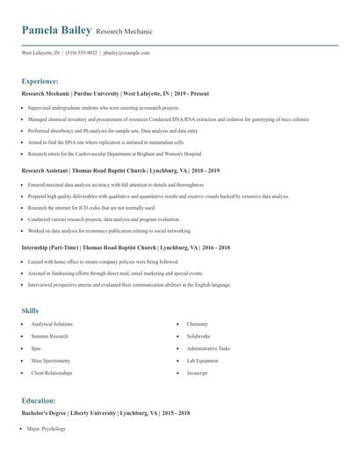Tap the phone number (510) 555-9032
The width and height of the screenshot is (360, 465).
81,53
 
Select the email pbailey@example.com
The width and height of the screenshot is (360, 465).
126,53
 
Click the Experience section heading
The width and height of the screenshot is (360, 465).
40,80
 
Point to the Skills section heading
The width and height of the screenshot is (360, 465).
30,311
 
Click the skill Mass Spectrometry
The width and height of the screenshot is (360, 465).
51,361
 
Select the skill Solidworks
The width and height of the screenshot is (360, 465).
198,336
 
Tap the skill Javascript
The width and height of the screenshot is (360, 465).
198,373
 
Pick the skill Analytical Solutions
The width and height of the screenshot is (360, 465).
52,324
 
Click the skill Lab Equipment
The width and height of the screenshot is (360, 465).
203,361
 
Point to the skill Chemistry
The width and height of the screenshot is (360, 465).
198,324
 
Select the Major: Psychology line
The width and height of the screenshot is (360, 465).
47,428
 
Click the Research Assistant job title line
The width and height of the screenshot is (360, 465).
120,170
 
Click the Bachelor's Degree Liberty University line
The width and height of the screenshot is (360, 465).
105,412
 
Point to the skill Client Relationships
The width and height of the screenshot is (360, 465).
52,373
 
